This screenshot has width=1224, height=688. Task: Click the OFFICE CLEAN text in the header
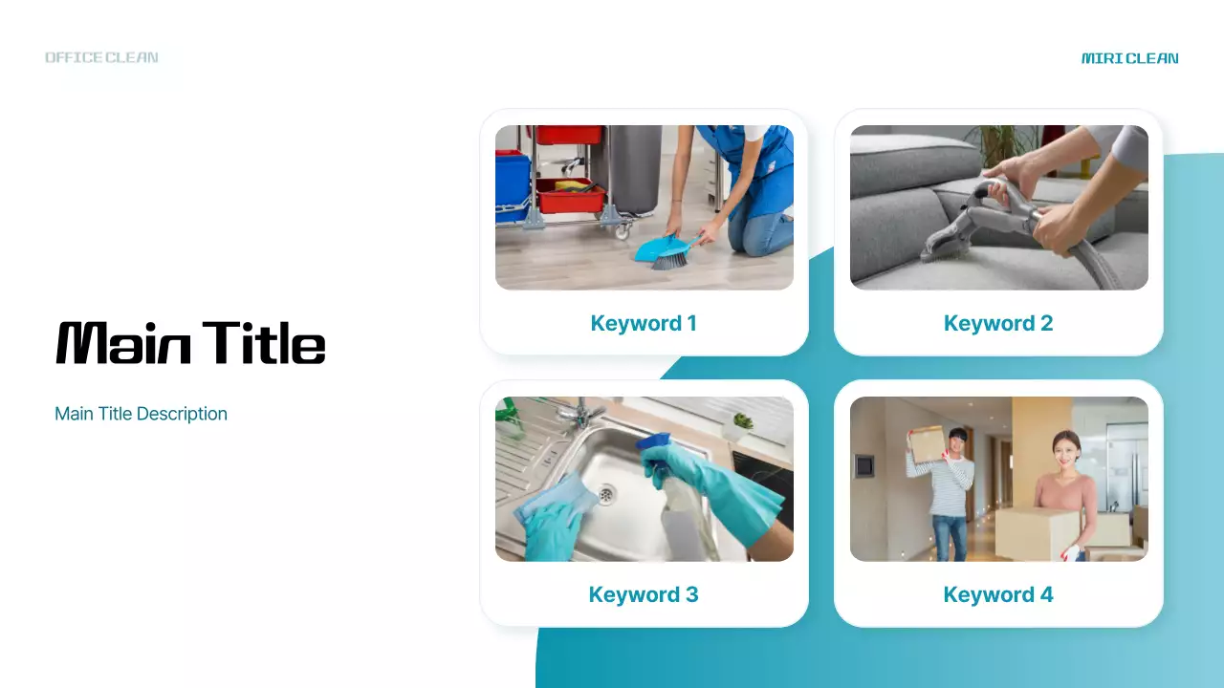101,57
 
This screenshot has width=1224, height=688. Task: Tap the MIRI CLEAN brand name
1129,58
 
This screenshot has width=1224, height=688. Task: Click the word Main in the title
123,343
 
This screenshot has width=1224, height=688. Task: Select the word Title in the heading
264,342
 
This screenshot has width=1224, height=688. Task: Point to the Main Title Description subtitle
141,414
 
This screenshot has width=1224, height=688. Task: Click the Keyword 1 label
644,323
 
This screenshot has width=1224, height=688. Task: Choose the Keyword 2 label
997,323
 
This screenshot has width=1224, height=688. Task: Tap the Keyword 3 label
644,594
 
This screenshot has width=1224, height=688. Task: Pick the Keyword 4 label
997,594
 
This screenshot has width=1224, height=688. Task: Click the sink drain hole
605,493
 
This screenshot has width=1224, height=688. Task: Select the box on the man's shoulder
927,442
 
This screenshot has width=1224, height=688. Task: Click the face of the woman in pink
1064,447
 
